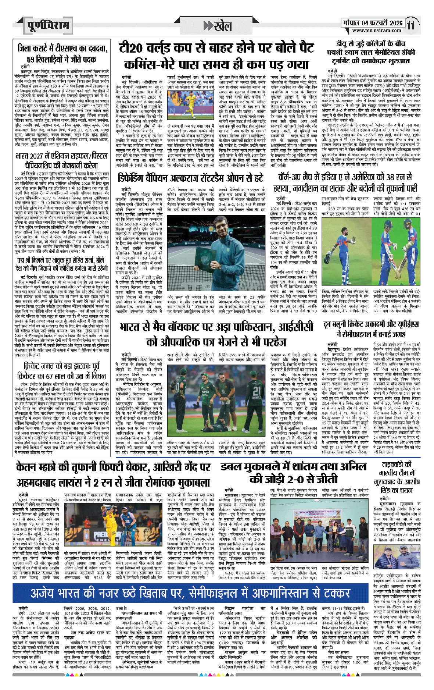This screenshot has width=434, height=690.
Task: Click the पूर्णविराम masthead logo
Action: (48, 25)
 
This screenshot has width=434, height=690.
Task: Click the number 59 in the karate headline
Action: (32, 59)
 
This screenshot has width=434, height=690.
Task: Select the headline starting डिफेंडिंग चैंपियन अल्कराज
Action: (191, 178)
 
